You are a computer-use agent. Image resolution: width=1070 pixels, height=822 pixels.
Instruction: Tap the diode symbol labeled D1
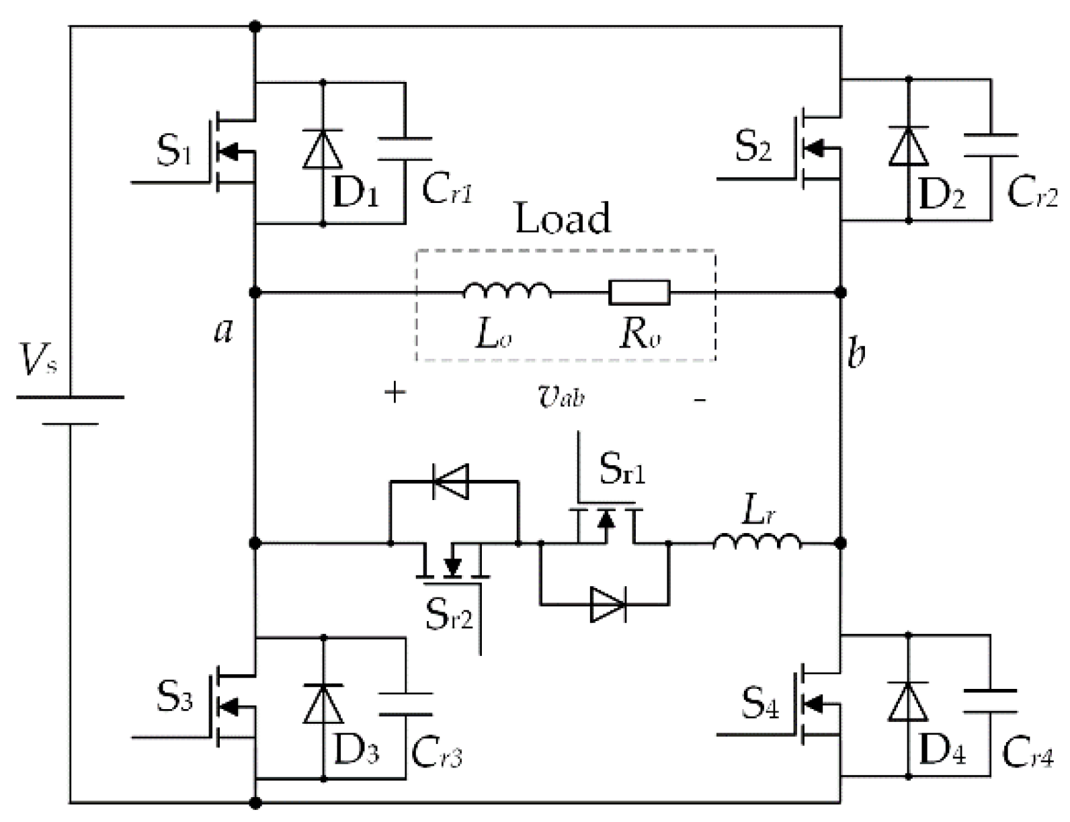(x=322, y=150)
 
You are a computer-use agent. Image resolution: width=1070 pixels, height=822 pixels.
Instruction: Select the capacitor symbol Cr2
(x=990, y=145)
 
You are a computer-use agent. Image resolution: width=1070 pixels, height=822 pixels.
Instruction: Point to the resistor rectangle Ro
(x=639, y=292)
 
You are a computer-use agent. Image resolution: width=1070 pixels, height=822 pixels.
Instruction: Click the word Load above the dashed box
(x=563, y=218)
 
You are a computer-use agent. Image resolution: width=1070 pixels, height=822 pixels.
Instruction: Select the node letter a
(x=223, y=329)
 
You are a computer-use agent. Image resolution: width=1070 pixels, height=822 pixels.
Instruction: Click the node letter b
(x=856, y=352)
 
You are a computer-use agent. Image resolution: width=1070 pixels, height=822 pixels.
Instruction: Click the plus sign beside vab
(x=395, y=393)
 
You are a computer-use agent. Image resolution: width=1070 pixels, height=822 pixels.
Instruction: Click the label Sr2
(x=448, y=613)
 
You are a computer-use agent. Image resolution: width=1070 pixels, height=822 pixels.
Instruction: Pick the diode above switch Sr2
(x=451, y=481)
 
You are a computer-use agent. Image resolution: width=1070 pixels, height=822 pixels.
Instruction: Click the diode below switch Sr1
(x=608, y=604)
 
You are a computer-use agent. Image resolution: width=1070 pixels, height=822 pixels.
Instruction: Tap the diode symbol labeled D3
(x=323, y=704)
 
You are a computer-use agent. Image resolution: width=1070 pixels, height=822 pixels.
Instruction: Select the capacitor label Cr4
(x=1026, y=754)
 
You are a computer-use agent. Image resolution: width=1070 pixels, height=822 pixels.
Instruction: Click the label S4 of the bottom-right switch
(x=760, y=703)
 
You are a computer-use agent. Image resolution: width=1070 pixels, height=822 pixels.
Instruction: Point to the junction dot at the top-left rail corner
(x=255, y=27)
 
